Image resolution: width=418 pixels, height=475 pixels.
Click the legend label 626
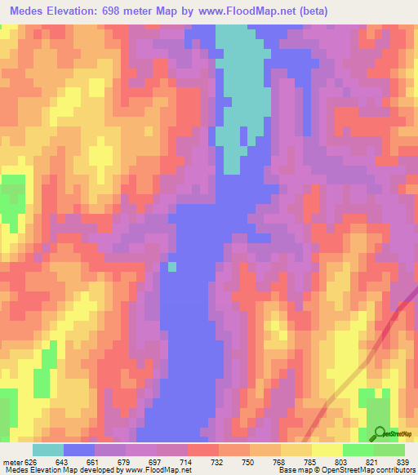(31, 462)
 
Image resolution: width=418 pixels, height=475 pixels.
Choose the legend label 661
(92, 462)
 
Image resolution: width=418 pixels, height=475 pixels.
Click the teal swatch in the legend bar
(48, 450)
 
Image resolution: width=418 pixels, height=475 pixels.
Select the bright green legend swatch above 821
(358, 450)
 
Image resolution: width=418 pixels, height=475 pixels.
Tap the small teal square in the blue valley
(172, 266)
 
